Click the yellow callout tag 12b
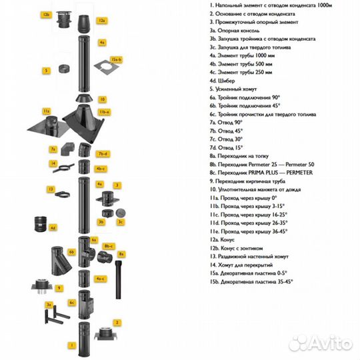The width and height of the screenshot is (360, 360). coord(46,15)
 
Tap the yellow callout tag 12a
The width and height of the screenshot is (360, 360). coord(102,21)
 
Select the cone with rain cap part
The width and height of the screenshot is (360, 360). coord(64,19)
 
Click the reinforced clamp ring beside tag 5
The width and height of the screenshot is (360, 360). coord(64,69)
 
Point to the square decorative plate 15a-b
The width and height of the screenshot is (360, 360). coord(106,67)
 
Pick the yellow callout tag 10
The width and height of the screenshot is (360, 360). coord(103,99)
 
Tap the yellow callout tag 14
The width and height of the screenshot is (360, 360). coord(53,163)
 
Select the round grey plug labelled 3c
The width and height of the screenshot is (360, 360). coord(121,213)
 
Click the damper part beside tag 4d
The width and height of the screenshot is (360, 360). coord(41,224)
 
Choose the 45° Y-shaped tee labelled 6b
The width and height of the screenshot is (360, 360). coord(61,261)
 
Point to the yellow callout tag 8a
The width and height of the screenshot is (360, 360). coord(121,254)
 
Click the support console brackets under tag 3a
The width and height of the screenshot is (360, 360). coord(57,315)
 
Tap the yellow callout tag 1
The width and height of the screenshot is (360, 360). coord(72,345)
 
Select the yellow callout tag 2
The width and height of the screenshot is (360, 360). coord(117,323)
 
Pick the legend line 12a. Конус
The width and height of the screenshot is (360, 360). coord(222,240)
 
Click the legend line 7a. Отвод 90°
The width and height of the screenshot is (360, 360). coord(226,123)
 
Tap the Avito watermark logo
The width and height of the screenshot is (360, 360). coord(321,343)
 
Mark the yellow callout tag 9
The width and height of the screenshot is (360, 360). coord(59,288)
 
